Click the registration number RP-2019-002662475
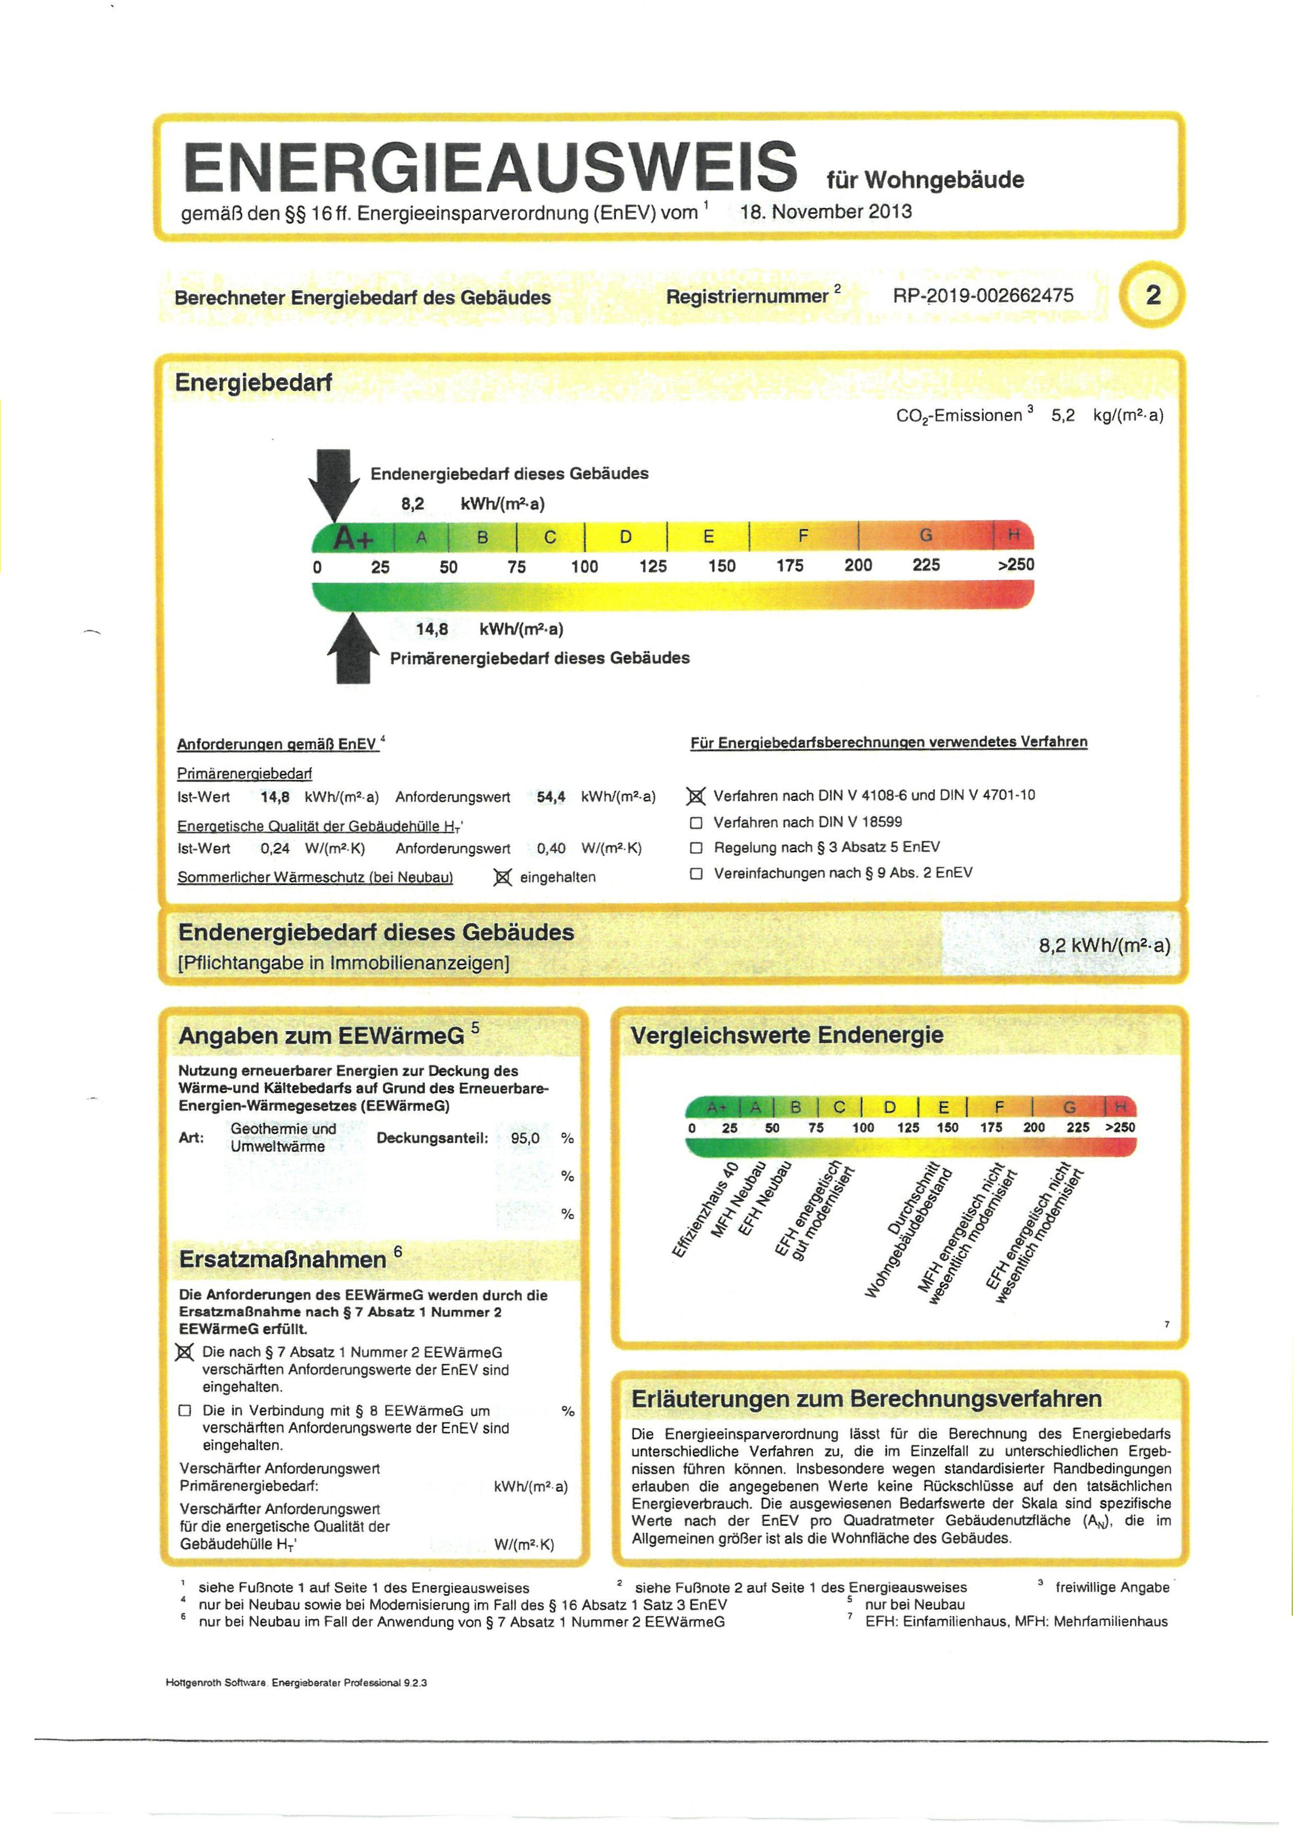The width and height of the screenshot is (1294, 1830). coord(983,296)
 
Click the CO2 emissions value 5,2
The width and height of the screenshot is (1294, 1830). coord(1063,415)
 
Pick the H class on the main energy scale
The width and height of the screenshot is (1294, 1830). coord(1013,535)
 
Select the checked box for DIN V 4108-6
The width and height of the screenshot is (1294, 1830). coord(696,796)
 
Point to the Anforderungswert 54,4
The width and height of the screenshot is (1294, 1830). coord(550,797)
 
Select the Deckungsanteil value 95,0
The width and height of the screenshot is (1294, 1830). coord(525,1138)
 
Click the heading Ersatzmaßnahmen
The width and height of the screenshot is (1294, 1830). coord(283,1259)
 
